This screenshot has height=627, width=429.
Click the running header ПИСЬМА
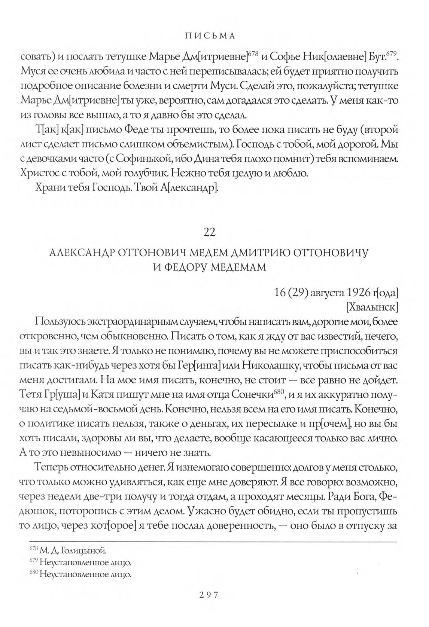tap(214, 36)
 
